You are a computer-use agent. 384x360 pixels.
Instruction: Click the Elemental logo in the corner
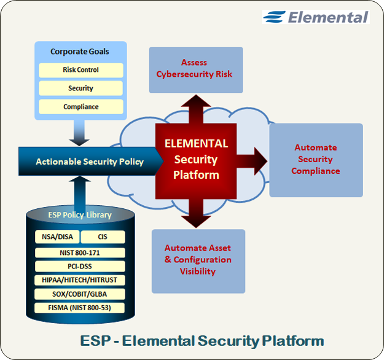pos(315,17)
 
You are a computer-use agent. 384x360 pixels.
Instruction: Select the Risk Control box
pos(80,70)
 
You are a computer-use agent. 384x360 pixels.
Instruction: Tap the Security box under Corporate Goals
pos(80,88)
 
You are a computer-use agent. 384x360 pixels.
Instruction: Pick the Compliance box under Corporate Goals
pos(80,107)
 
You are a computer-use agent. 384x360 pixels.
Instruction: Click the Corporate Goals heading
pos(80,52)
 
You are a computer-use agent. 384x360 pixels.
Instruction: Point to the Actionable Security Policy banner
pos(89,162)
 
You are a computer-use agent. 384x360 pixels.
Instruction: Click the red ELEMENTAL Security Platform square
pos(196,159)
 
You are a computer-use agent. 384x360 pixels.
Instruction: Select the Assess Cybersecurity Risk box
pos(194,68)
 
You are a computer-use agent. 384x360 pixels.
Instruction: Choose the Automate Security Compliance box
pos(316,159)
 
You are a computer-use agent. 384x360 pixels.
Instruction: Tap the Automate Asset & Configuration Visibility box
pos(198,259)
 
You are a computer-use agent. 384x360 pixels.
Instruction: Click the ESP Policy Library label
pos(80,215)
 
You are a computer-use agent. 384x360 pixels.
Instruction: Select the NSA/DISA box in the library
pos(57,237)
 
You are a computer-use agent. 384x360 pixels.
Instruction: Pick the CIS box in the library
pos(103,237)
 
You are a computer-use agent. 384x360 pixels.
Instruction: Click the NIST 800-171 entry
pos(80,252)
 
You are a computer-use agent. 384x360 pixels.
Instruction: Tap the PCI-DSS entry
pos(80,267)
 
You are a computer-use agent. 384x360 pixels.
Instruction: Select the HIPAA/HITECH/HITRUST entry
pos(80,280)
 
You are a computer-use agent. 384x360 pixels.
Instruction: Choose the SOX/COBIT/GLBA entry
pos(80,294)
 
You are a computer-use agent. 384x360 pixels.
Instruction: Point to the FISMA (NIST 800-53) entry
pos(80,308)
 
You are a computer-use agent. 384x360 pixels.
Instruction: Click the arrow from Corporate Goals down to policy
pos(80,133)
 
